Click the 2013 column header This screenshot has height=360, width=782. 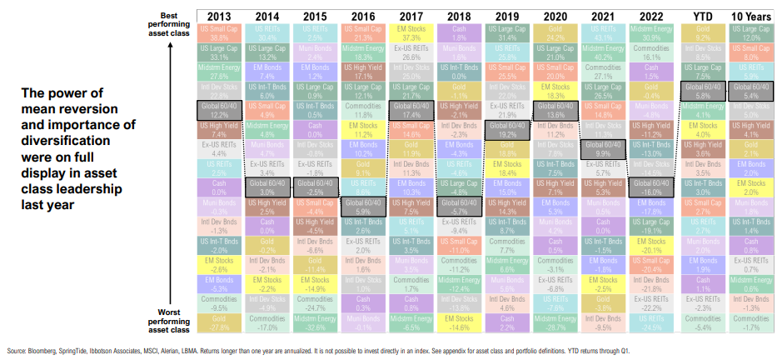220,17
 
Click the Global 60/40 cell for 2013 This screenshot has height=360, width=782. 220,110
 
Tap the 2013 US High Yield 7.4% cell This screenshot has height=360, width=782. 220,130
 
